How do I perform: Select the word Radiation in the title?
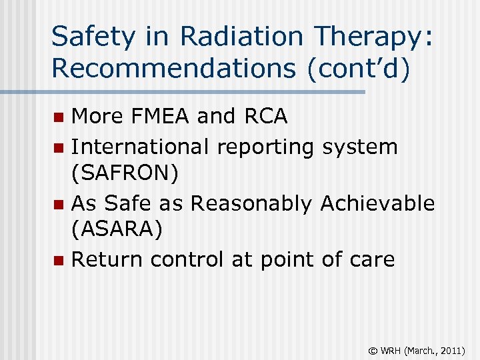coord(219,37)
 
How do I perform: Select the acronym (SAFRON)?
coord(125,174)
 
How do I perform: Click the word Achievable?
coord(377,203)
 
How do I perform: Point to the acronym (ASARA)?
coord(117,230)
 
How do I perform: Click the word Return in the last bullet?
coord(107,259)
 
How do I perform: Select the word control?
coord(188,259)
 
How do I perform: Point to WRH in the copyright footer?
coord(391,350)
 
